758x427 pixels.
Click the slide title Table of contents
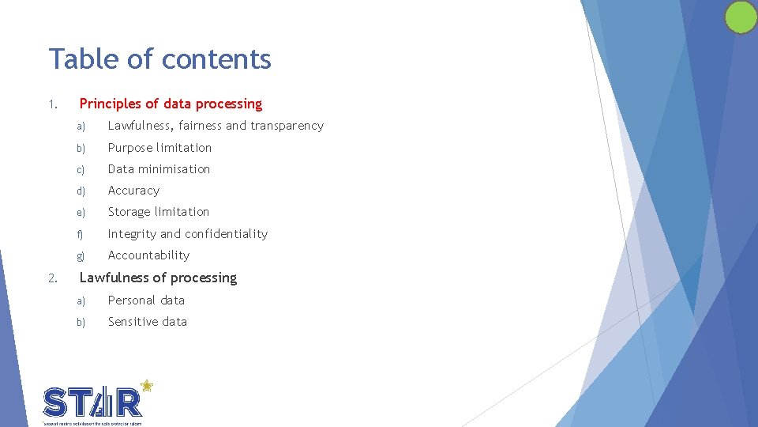click(159, 59)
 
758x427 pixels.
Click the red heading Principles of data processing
click(171, 104)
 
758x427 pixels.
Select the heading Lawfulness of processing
click(158, 278)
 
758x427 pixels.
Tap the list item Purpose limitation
click(159, 148)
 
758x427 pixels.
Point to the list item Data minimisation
click(159, 169)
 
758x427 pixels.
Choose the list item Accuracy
click(133, 191)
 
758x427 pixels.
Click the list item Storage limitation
click(159, 212)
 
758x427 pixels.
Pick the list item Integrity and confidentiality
click(188, 234)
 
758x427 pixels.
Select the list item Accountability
click(148, 255)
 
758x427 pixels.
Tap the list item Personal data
click(146, 300)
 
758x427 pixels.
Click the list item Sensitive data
click(148, 322)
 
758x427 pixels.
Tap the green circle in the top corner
click(741, 17)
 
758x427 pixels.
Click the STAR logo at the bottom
click(93, 402)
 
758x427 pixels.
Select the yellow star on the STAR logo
click(146, 387)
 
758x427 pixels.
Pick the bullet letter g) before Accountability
click(80, 256)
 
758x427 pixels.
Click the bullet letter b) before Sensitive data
click(80, 323)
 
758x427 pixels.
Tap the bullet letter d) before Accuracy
click(80, 191)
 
